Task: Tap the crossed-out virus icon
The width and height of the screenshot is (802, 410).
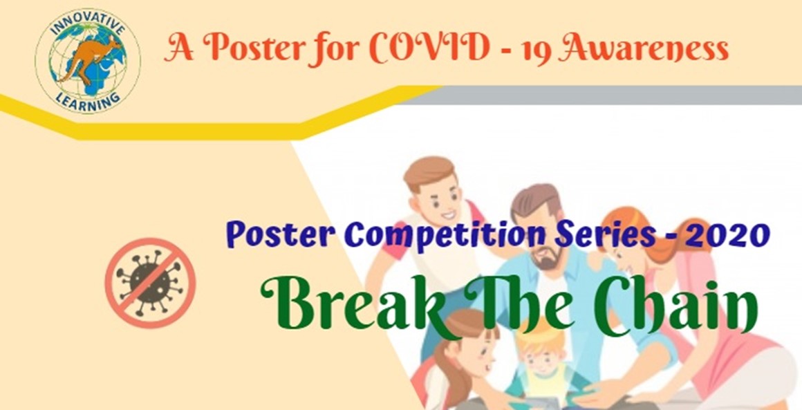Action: (151, 282)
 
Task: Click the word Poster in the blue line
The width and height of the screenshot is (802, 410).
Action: (281, 236)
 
